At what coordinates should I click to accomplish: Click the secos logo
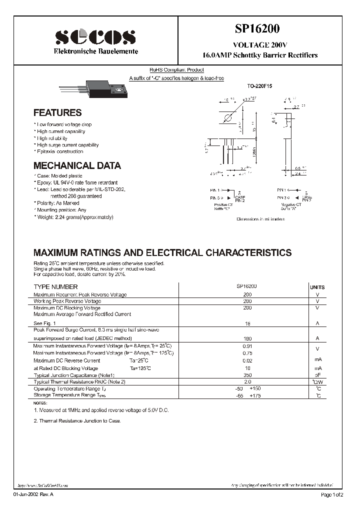pos(94,38)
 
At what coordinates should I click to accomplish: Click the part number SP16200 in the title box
pos(259,29)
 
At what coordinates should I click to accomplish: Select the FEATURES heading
pos(57,113)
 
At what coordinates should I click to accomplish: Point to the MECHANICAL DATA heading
pos(77,165)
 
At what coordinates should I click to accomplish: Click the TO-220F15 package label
pos(258,86)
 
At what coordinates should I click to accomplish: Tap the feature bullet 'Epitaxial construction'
pos(59,151)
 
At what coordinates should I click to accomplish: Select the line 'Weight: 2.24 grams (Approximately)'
pos(74,217)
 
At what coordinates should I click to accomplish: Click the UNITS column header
pos(317,287)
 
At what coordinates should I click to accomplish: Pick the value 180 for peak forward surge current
pos(247,339)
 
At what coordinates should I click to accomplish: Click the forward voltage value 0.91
pos(247,346)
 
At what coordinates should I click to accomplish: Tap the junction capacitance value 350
pos(247,374)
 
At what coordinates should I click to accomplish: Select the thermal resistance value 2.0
pos(247,381)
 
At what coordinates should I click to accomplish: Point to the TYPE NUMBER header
pos(55,287)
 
